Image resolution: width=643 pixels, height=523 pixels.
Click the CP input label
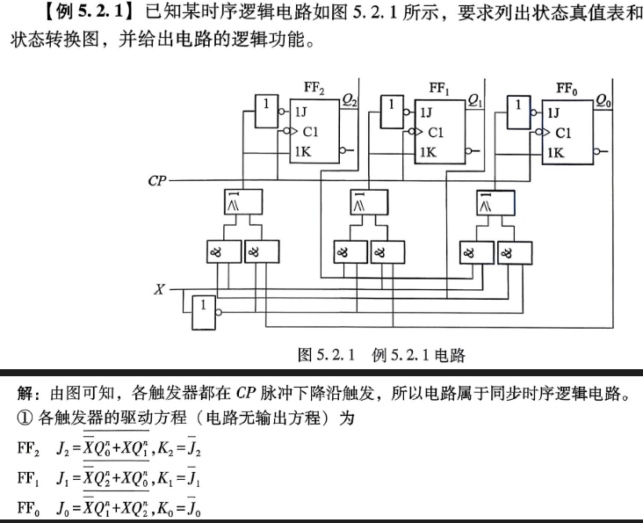coord(157,180)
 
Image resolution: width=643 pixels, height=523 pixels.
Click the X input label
coord(159,289)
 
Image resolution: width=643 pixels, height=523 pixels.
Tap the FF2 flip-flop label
coord(314,88)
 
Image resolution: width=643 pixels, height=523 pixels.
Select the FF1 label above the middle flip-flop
coord(439,88)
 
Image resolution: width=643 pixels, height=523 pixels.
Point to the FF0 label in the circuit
coord(567,89)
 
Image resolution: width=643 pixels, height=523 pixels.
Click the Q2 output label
coord(350,99)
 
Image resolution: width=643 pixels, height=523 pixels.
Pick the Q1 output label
coord(475,100)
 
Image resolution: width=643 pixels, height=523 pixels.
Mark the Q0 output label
coord(603,100)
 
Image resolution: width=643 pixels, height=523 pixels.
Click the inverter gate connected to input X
coord(204,313)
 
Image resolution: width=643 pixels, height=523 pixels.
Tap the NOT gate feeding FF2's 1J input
coord(266,111)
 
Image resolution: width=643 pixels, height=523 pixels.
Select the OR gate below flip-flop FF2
coord(243,201)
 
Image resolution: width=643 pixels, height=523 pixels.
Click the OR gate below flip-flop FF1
coord(369,202)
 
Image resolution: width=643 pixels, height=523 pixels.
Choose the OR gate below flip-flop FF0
coord(495,203)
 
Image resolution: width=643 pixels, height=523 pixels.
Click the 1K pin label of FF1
coord(428,152)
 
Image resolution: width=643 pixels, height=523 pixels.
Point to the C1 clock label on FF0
coord(563,133)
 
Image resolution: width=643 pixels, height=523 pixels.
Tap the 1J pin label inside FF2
coord(300,112)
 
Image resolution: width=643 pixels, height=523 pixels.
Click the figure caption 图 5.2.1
coord(326,354)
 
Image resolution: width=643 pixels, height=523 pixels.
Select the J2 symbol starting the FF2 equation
coord(62,448)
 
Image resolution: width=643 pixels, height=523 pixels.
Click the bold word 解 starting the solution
coord(25,393)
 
